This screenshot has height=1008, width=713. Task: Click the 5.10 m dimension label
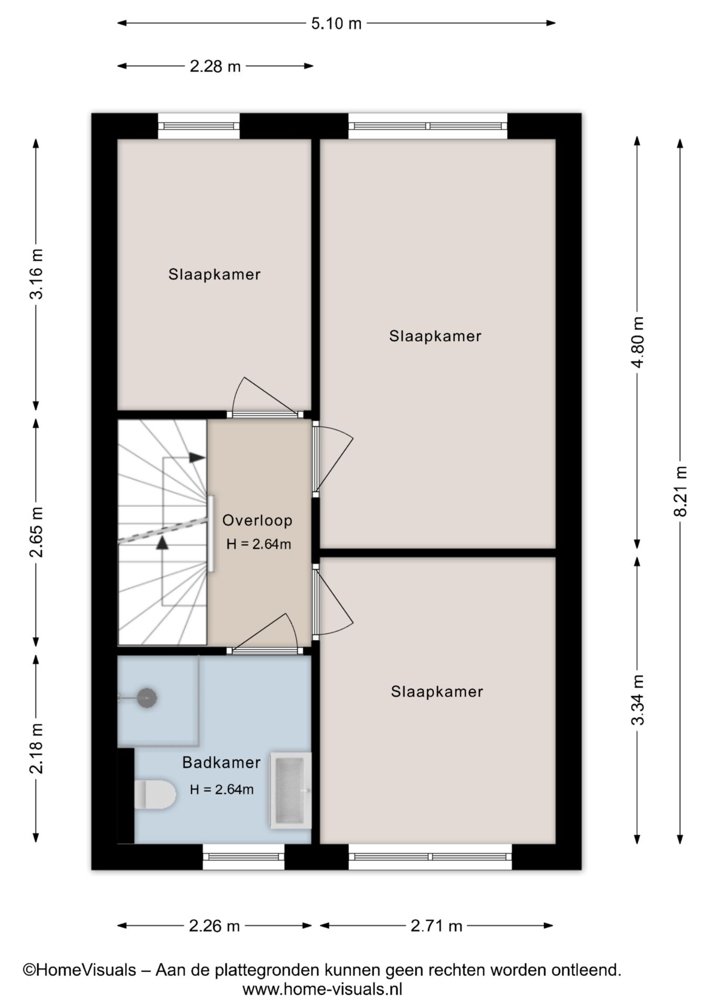point(336,23)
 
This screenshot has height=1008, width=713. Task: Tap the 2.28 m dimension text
point(215,67)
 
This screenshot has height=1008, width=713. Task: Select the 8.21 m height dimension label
point(680,491)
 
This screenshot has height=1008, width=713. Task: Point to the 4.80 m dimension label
point(637,342)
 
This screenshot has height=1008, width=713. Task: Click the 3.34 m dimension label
point(637,699)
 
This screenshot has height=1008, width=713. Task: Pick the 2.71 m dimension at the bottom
point(436,926)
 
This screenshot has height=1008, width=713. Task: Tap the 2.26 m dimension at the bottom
point(214,926)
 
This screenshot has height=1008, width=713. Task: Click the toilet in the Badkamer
point(154,794)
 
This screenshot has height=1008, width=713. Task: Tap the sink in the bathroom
point(290,791)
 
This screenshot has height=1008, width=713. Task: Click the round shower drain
point(147,698)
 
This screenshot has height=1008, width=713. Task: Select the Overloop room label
point(257,520)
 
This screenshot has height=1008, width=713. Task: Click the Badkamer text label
point(221,762)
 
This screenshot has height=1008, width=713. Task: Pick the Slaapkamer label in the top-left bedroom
point(214,274)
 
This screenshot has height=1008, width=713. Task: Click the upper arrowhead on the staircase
point(196,457)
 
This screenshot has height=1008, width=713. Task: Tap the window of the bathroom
point(244,857)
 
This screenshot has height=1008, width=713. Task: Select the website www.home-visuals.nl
point(322,990)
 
